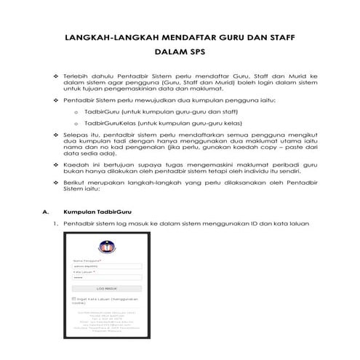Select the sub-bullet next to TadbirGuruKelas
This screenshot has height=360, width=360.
click(x=76, y=124)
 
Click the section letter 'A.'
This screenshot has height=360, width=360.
click(x=46, y=212)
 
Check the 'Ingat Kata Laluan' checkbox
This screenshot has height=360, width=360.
click(x=74, y=298)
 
